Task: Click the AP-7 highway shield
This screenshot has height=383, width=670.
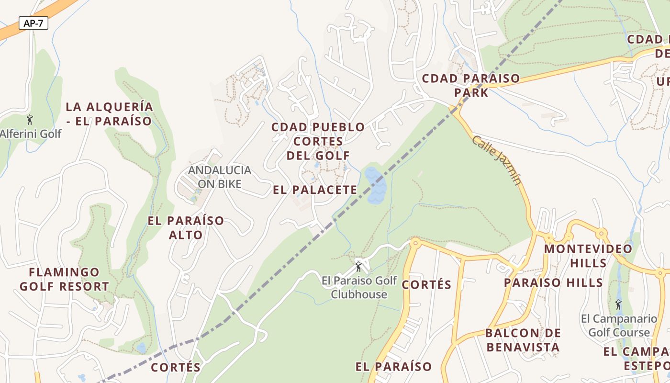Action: (x=33, y=23)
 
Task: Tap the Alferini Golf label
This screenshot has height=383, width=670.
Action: (x=30, y=134)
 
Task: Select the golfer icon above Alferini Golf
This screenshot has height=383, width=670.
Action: (x=30, y=119)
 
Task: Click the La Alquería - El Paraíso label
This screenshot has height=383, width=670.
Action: (x=109, y=113)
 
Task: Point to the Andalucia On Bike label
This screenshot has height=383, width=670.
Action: (x=220, y=177)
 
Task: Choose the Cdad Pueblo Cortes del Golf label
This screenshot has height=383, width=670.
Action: (x=318, y=141)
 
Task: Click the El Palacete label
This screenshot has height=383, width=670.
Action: (x=315, y=190)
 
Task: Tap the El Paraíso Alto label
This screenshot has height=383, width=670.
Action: (x=186, y=227)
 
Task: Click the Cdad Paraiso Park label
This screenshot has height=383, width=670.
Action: (x=471, y=85)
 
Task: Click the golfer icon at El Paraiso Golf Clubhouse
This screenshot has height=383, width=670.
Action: (x=358, y=266)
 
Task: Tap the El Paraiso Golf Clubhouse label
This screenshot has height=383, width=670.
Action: (x=359, y=287)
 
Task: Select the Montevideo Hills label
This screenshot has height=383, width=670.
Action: (x=588, y=256)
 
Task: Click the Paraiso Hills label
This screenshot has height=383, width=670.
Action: (x=553, y=282)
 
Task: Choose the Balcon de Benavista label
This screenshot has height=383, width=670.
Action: (x=523, y=340)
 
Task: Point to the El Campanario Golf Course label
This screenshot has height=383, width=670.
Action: (x=619, y=326)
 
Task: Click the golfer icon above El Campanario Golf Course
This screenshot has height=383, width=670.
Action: (x=618, y=304)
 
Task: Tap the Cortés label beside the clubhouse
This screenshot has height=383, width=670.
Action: (x=426, y=284)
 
